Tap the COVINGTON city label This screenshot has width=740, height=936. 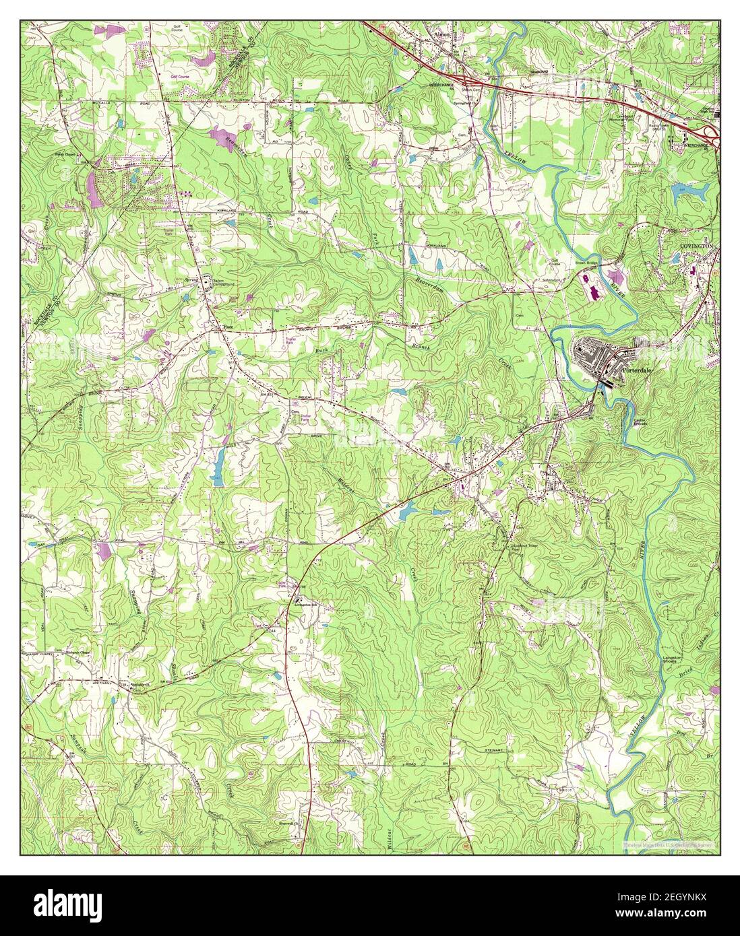(696, 247)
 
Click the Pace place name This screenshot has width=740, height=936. (228, 327)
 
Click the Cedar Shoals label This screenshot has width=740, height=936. (640, 422)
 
